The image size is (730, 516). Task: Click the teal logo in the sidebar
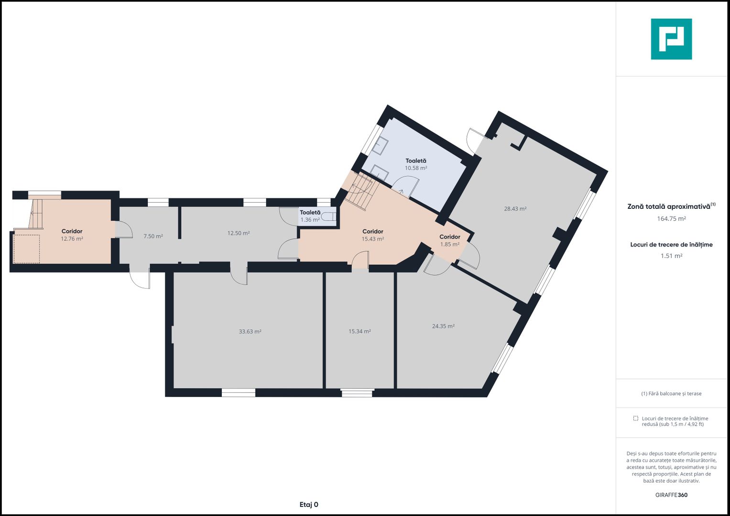671,39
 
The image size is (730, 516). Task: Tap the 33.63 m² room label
250,332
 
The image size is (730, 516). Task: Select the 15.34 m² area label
360,331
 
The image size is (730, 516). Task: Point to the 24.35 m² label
443,326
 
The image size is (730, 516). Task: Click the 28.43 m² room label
515,209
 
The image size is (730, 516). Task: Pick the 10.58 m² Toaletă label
416,164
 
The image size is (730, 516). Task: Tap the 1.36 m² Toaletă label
310,216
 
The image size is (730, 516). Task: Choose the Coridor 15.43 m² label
373,235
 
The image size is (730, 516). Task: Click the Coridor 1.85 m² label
450,240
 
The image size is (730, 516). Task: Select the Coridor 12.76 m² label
72,235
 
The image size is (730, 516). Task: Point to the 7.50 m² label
153,236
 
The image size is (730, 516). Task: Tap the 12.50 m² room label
239,233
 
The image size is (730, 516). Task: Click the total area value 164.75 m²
671,219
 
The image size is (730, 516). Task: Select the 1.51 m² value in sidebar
671,256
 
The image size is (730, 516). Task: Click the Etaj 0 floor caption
309,505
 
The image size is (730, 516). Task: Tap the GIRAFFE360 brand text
671,495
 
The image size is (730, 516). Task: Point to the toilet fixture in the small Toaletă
330,216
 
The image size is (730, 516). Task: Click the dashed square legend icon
635,418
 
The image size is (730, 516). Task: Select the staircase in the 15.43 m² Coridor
362,191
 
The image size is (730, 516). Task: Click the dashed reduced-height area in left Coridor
27,248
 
